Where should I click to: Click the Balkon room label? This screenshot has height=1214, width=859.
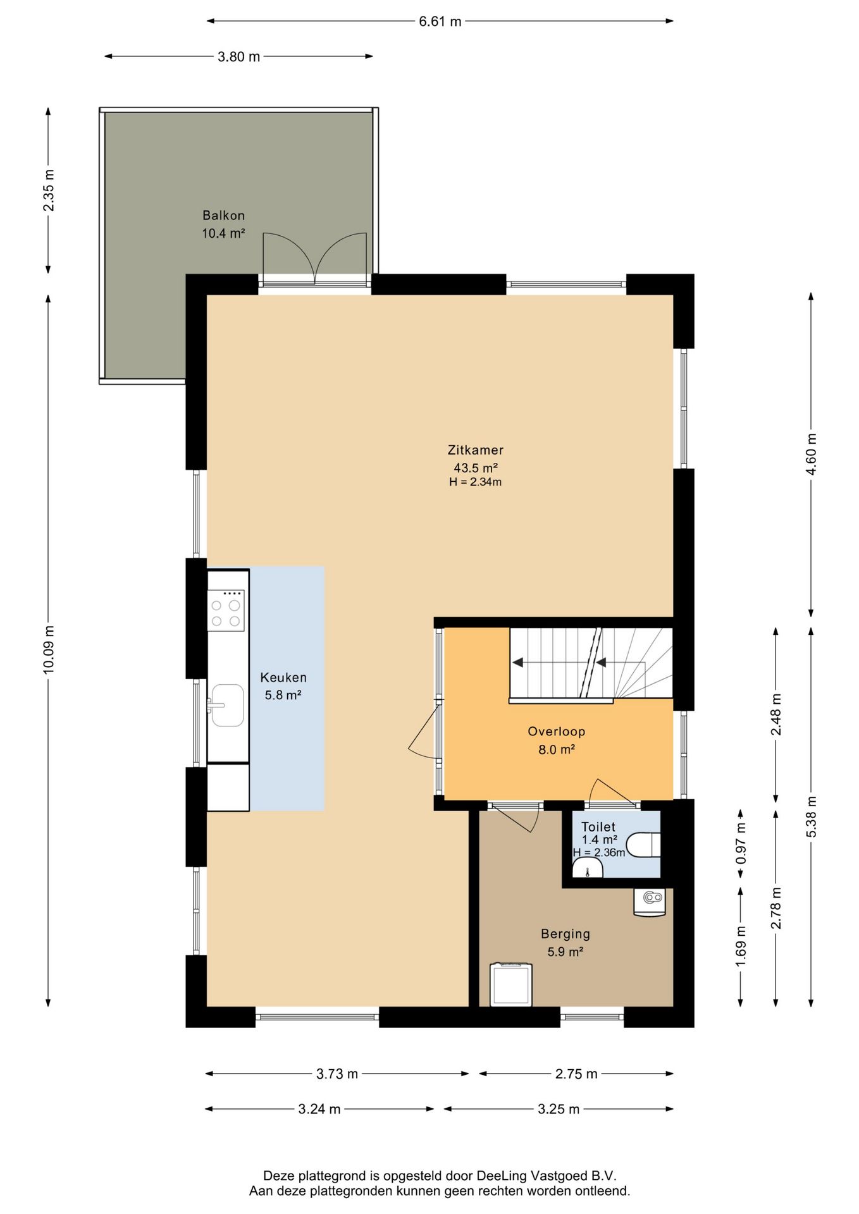click(223, 216)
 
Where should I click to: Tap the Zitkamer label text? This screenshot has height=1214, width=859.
click(476, 450)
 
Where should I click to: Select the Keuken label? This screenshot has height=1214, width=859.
click(283, 678)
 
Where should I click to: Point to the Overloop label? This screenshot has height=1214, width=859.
click(557, 732)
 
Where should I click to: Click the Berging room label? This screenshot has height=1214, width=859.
click(565, 934)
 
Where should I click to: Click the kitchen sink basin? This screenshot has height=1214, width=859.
click(227, 705)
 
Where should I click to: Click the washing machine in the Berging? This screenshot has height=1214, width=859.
click(511, 984)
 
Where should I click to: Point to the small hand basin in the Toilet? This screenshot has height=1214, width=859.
click(588, 869)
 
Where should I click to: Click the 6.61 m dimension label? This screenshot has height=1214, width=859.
click(440, 21)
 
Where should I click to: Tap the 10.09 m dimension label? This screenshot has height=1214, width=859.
click(49, 649)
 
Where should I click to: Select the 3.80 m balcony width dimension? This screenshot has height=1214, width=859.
click(239, 57)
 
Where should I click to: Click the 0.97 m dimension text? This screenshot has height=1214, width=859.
click(741, 844)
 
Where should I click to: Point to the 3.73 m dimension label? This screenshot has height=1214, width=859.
click(337, 1074)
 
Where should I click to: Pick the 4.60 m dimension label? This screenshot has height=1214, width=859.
click(812, 454)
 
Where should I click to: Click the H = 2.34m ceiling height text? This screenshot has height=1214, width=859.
click(476, 482)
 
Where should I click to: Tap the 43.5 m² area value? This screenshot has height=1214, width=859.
click(476, 468)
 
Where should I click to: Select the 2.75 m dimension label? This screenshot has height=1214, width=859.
click(576, 1074)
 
